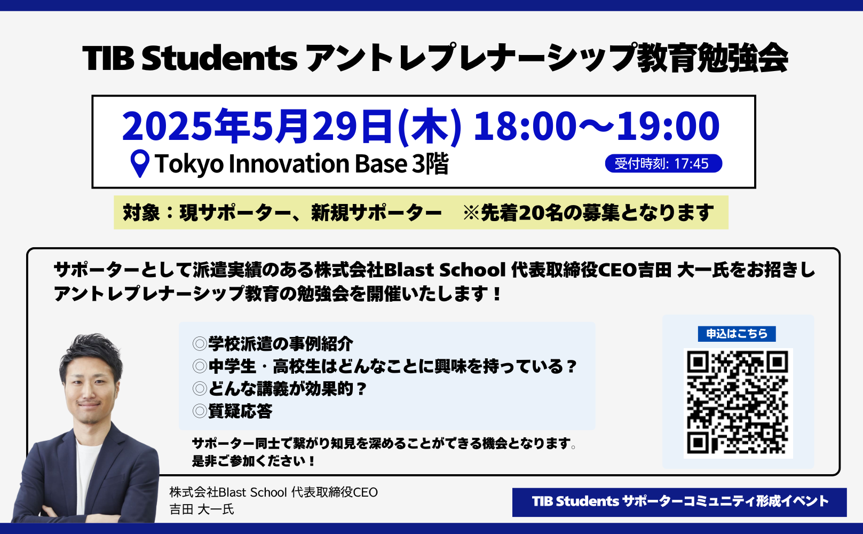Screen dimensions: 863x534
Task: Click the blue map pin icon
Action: coord(140,163)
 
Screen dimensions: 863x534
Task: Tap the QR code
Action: coord(738,403)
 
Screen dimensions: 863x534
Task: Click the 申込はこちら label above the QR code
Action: coord(737,334)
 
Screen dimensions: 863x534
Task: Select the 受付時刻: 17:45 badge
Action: coord(663,163)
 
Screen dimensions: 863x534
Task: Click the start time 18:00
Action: coord(525,125)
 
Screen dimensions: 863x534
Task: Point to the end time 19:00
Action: coord(668,125)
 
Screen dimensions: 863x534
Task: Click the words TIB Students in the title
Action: coord(190,58)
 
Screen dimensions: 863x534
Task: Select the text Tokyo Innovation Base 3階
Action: coord(302,163)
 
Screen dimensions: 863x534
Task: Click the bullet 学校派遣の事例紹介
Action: coord(272,343)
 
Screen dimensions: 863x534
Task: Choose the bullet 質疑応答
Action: coord(232,411)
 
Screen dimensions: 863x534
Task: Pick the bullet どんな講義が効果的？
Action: coord(279,389)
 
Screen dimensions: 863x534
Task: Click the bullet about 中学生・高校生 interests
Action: coord(384,366)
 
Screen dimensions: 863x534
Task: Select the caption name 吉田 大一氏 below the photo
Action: coord(202,509)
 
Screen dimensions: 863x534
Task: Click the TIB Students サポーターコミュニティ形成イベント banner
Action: coord(679,502)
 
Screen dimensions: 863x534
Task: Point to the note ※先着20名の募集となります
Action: coord(588,213)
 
